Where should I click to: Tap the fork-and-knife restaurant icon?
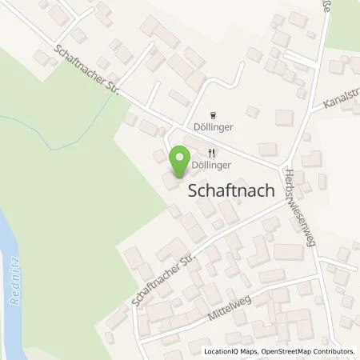click(x=212, y=153)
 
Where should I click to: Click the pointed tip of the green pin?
click(x=180, y=176)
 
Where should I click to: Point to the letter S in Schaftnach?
click(x=192, y=191)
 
